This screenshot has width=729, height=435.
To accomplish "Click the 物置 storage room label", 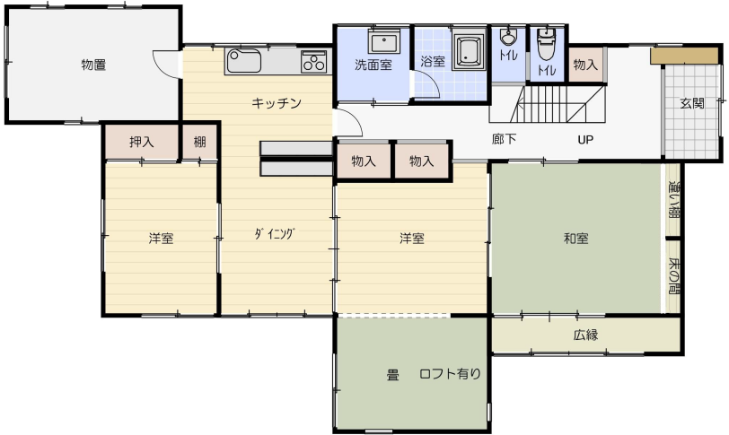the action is coord(93,65).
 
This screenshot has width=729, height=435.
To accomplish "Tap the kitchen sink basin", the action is coord(243,61).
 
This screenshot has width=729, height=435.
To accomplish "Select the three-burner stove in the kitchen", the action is coord(314,62).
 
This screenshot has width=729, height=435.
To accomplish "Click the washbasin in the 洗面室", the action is coord(384,42).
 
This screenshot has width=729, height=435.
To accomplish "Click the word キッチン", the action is coord(277,103).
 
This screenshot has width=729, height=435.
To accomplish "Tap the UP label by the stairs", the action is coord(585,139).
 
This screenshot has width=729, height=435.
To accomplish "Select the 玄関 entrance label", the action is coord(692,103).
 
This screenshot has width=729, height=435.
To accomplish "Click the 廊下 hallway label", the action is coord(504,139).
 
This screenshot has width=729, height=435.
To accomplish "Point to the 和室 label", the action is coord(576,239).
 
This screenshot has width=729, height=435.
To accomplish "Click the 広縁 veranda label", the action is coord(585,335).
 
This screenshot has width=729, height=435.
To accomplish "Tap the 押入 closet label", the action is coord(141,142).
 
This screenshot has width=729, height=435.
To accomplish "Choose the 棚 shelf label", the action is coord(199,142).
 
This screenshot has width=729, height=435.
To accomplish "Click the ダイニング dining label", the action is coord(275,234).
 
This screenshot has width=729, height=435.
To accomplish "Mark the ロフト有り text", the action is coord(450,374).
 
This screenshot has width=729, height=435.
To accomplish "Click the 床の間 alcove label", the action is coord(673,275).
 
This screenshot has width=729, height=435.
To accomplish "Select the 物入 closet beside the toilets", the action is coord(585,65).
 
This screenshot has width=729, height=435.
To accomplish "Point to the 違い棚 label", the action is coord(673,200).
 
